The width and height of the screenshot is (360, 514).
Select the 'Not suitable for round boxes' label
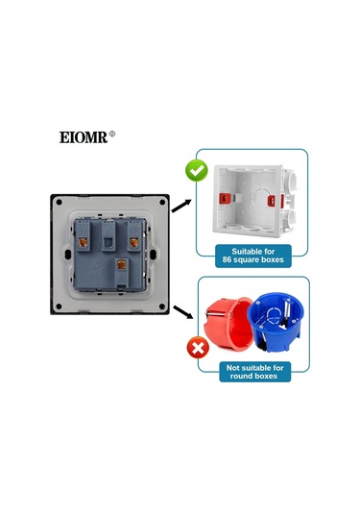[254, 371]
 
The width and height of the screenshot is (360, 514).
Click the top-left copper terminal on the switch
[92, 230]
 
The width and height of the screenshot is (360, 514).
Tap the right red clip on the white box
[290, 205]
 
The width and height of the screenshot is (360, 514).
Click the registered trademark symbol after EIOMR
[113, 134]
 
